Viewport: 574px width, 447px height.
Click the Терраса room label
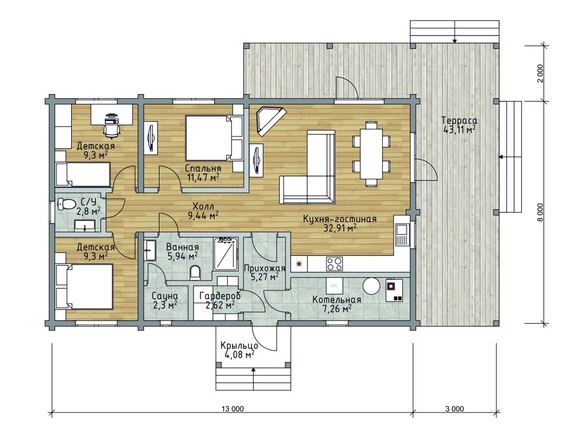pos(459,121)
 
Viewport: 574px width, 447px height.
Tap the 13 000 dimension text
pos(232,409)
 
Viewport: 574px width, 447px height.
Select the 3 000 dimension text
pos(455,409)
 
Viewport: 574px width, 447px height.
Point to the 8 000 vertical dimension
pos(541,212)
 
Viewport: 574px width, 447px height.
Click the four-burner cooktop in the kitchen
pos(334,263)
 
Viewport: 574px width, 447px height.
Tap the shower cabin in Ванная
pos(226,254)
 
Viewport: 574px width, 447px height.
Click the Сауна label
pos(165,296)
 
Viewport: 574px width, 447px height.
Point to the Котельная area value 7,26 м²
pos(337,309)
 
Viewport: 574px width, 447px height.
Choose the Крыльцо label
pos(239,346)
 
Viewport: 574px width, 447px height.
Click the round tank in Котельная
pos(371,286)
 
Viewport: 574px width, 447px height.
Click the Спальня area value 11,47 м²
pos(203,178)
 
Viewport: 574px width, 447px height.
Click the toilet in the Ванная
pos(196,273)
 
